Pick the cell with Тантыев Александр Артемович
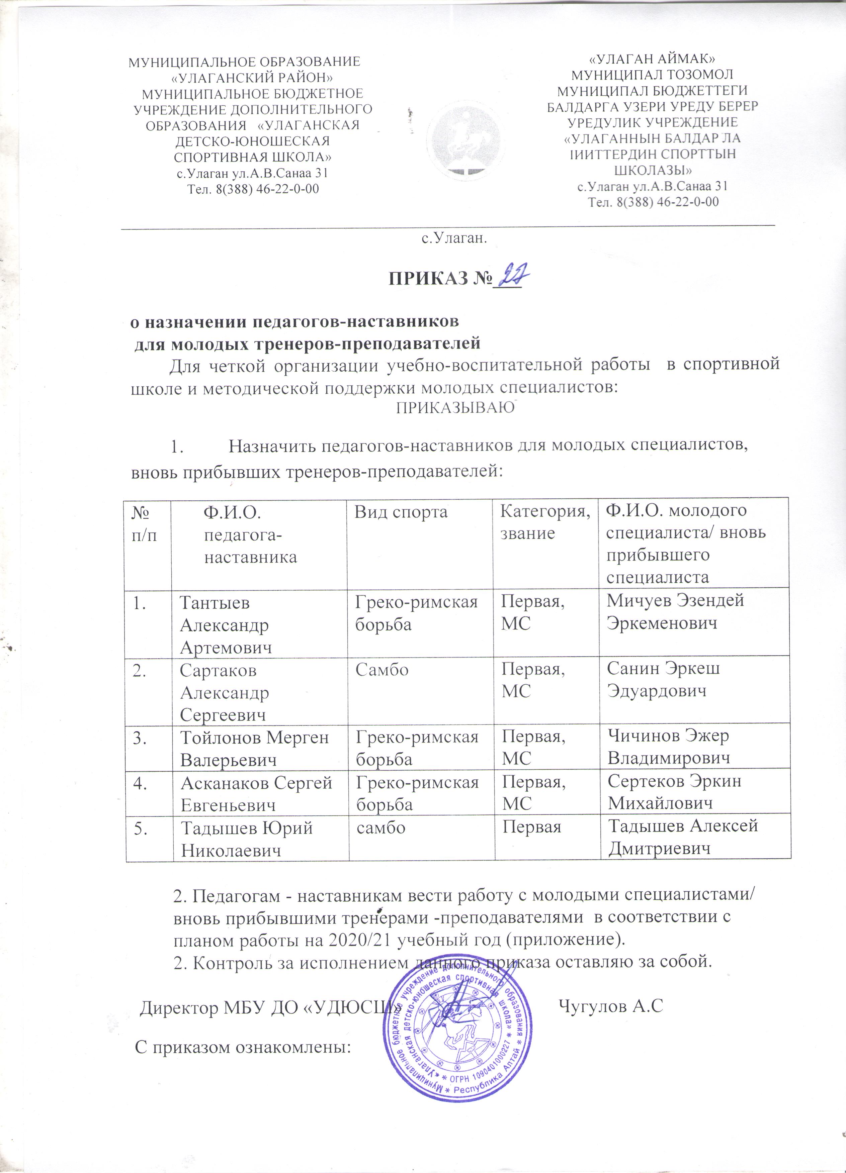click(225, 624)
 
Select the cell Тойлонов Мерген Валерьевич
click(254, 748)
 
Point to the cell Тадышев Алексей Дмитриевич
click(682, 836)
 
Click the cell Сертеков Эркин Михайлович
click(674, 791)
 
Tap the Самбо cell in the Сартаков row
click(382, 670)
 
